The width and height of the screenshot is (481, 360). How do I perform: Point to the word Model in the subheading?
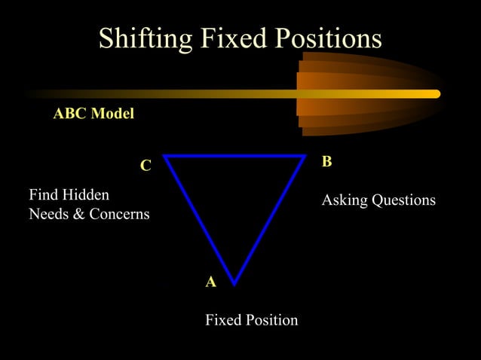click(112, 114)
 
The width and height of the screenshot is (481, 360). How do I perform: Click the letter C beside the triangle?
click(146, 166)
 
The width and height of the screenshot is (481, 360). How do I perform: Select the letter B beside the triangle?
click(326, 162)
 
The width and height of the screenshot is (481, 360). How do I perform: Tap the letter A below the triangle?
click(211, 282)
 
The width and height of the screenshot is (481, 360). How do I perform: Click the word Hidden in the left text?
click(86, 194)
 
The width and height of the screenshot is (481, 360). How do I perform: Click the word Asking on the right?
click(344, 200)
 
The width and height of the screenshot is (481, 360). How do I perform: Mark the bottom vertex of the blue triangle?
click(234, 283)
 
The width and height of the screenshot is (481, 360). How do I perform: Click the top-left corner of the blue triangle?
click(165, 157)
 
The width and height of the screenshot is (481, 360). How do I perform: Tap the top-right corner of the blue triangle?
click(304, 157)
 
